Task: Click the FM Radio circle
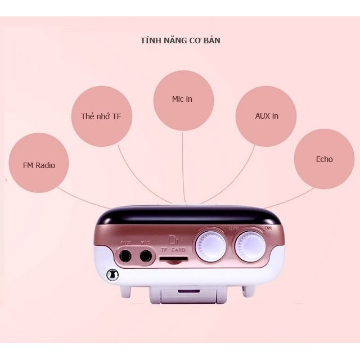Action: point(39,165)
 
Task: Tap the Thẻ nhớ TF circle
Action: point(101,116)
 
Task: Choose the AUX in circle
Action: point(266,116)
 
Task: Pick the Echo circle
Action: point(324,159)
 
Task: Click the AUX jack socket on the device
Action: point(126,256)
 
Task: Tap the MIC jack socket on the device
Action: point(146,256)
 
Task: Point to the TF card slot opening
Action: point(173,259)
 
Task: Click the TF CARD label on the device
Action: point(173,249)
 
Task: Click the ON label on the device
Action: point(268,228)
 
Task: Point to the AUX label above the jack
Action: point(125,243)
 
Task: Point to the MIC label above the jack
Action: point(146,243)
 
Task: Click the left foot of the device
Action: point(126,290)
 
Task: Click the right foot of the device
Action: point(247,290)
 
